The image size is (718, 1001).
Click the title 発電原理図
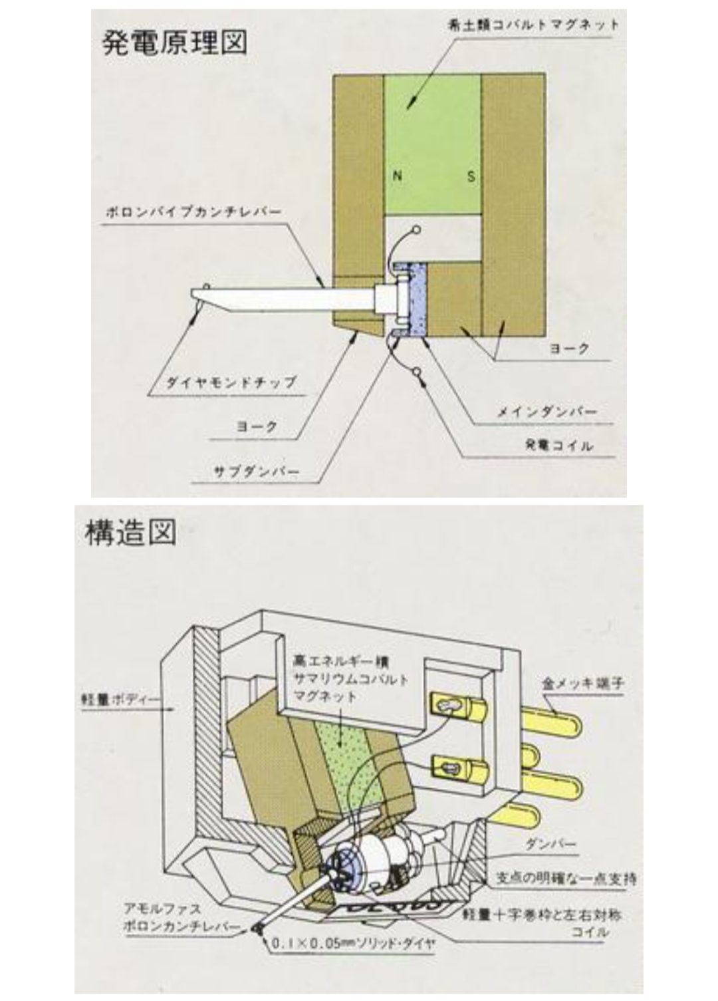(x=174, y=42)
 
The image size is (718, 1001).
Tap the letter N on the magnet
(x=398, y=176)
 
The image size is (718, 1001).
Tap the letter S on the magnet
(x=471, y=177)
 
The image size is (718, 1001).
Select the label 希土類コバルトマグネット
(x=534, y=25)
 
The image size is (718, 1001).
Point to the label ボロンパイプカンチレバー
(x=193, y=212)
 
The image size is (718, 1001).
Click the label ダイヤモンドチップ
(x=231, y=382)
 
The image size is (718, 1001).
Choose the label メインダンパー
(x=547, y=412)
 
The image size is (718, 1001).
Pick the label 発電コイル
(x=558, y=446)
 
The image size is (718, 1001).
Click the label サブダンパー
(x=256, y=472)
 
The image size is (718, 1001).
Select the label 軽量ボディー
(x=124, y=701)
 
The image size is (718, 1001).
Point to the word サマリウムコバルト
(x=350, y=680)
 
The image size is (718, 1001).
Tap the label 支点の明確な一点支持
(x=566, y=879)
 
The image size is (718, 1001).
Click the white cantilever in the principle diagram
(x=286, y=299)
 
